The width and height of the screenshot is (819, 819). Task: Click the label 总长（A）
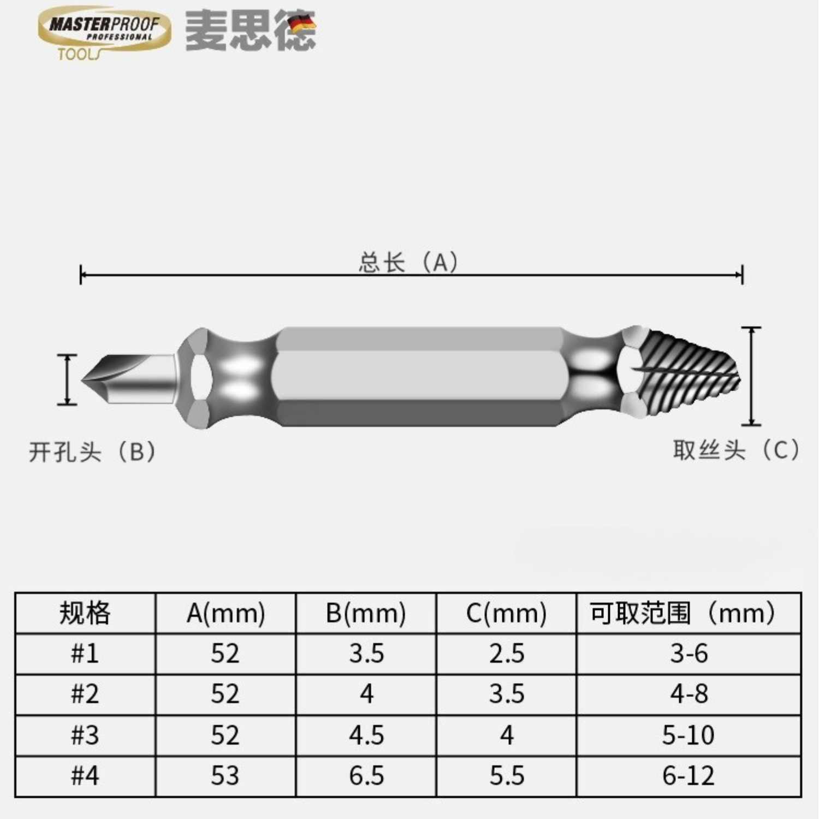point(408,262)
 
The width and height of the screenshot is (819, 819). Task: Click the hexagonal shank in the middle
point(419,377)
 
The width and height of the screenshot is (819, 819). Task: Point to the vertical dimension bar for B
point(67,379)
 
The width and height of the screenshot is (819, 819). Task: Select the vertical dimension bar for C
point(751,376)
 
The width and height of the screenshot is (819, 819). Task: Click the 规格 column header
point(85,613)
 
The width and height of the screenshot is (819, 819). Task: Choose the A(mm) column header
point(225,613)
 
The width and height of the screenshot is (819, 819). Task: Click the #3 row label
point(85,735)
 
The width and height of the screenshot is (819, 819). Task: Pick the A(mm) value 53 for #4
point(225,776)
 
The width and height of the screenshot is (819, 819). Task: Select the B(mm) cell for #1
point(366,654)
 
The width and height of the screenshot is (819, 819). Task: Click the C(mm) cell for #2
point(507,695)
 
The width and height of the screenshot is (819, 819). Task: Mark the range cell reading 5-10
point(688,735)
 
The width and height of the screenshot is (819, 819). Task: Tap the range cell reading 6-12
point(688,776)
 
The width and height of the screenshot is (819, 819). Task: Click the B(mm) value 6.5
point(366,776)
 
